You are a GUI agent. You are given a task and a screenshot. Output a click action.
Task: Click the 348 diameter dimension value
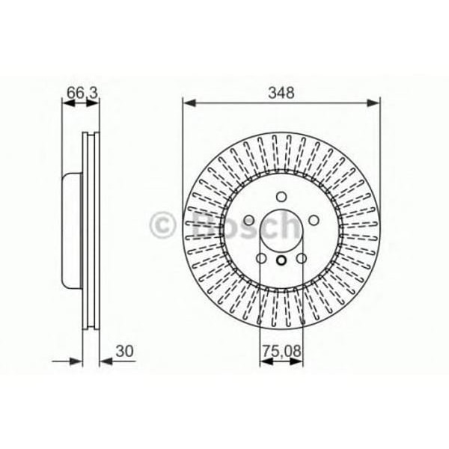[281, 93]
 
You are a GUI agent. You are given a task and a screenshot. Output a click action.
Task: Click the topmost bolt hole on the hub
[281, 198]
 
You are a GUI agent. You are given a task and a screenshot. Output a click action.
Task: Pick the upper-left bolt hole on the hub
[248, 222]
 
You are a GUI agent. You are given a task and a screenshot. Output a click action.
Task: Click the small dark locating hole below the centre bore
[281, 260]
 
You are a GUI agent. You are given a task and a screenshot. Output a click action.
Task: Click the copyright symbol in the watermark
[163, 223]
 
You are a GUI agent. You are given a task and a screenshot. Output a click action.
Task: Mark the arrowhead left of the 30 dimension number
[105, 361]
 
